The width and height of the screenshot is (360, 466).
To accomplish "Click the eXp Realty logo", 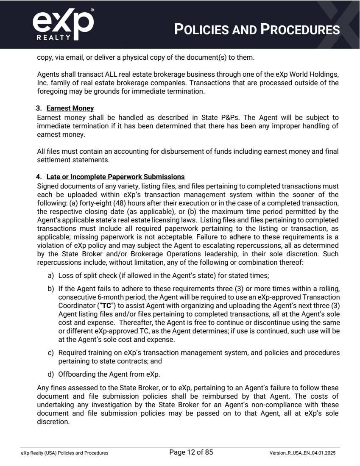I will point(63,24).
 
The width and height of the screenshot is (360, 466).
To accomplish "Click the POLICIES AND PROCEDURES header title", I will point(257,30).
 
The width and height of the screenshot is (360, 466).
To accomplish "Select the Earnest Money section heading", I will point(70,108).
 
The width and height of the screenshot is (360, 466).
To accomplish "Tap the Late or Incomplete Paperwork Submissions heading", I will point(115,177).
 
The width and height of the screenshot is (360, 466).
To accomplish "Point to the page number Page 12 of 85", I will point(191,452).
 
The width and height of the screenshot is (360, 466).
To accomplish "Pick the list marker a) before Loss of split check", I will point(50,275).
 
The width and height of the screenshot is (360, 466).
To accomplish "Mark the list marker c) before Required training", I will point(50,352).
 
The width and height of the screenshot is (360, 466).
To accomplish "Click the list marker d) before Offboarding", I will point(50,374).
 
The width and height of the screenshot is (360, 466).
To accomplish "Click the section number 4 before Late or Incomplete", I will point(39,177).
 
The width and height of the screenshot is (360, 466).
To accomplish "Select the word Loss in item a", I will point(66,275).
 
